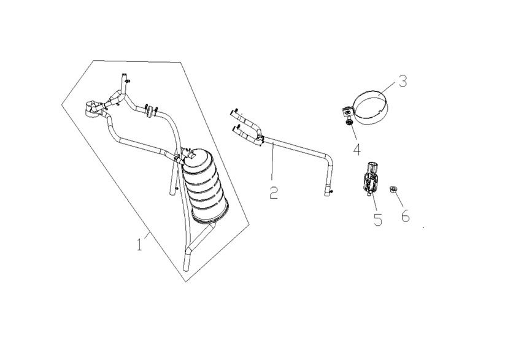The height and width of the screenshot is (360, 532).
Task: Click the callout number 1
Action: [139, 244]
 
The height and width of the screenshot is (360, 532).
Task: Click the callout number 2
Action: [274, 192]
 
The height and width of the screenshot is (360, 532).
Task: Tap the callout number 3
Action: [403, 81]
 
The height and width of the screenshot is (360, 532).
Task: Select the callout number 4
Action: [357, 149]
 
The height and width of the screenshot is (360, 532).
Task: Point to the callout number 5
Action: [377, 220]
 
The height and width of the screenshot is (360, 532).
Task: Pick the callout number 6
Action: [406, 215]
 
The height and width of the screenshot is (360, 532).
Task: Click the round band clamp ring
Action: [371, 108]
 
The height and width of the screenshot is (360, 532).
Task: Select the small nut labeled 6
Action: [393, 189]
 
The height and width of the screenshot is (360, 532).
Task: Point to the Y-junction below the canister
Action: [190, 249]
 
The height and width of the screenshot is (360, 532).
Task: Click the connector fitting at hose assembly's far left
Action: [91, 109]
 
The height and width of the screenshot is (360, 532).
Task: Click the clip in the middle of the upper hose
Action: [149, 111]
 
